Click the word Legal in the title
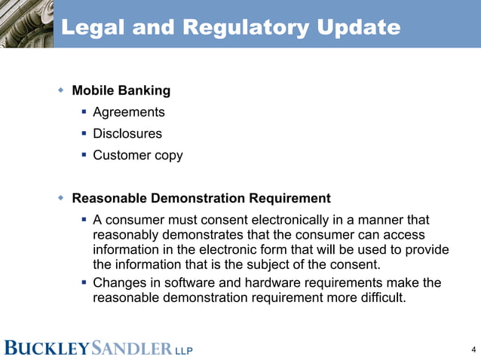coord(90,28)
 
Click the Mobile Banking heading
coord(121,91)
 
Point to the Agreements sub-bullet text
coord(128,112)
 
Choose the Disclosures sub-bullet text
coord(127,134)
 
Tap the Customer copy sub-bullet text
coord(137,156)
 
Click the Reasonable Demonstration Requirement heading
coord(201,199)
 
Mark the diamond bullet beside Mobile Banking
coord(61,90)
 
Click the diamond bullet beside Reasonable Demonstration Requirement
coord(61,199)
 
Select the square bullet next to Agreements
coord(84,112)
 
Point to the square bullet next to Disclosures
coord(84,134)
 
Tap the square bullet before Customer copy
coord(84,156)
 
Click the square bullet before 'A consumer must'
coord(84,220)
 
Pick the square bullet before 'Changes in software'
coord(84,282)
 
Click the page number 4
coord(472,349)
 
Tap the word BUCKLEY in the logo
coord(47,349)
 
